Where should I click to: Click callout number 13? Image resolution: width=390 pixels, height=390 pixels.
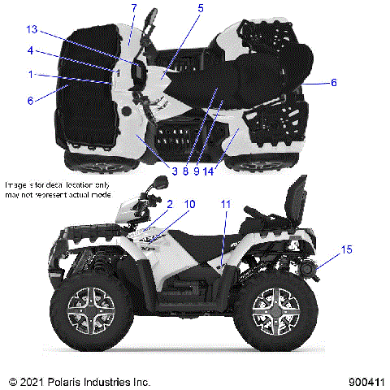pos(32,30)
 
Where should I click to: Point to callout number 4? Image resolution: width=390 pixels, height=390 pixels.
pos(30,50)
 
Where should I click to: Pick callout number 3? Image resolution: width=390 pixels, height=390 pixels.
pos(175,171)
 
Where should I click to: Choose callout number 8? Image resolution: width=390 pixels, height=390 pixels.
pos(185,171)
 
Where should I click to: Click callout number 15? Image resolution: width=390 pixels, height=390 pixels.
pos(347,249)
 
